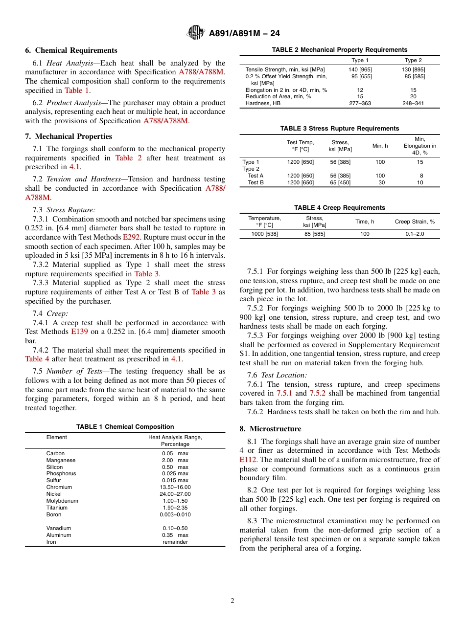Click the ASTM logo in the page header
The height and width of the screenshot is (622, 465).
(x=196, y=33)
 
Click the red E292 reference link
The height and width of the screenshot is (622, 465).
(x=131, y=237)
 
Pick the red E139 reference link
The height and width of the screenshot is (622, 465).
(x=79, y=332)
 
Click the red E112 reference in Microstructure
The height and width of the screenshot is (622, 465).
(x=248, y=460)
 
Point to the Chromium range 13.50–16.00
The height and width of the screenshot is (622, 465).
(x=175, y=488)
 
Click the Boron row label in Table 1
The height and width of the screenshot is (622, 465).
(x=54, y=515)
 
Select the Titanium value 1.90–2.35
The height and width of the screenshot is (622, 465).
(x=175, y=508)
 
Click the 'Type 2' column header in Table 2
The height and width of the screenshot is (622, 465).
(x=413, y=61)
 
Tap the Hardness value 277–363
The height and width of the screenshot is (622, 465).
(x=360, y=104)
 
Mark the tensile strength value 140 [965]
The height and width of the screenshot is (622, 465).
(x=360, y=70)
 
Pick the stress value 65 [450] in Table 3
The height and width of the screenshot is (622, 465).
(x=340, y=183)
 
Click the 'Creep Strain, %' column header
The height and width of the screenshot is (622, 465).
(x=415, y=222)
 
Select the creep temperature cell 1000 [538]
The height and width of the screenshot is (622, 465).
(x=264, y=234)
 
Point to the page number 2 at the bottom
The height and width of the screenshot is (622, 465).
(x=232, y=601)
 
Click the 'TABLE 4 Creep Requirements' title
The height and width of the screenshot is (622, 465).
(x=339, y=208)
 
